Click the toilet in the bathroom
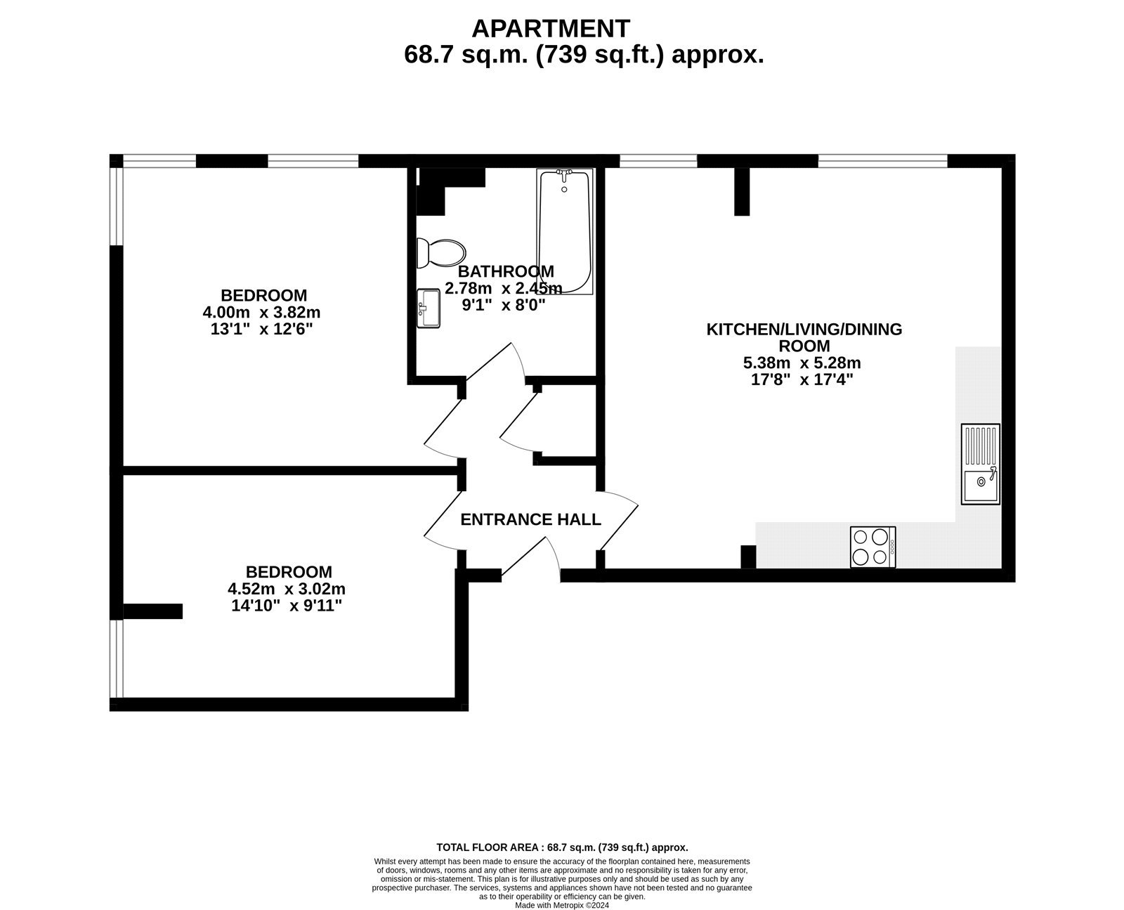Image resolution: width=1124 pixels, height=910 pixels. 441,252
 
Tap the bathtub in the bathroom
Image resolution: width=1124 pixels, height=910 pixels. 565,232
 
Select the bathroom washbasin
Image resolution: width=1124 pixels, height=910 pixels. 429,308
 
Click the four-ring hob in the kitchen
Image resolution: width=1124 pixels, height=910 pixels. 873,547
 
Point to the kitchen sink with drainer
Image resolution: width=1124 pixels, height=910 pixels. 981,464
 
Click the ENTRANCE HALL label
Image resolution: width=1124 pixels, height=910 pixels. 530,519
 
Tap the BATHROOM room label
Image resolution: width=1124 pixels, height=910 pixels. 506,271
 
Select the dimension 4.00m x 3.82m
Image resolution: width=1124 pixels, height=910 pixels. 261,312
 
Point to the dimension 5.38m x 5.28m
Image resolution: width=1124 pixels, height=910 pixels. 802,363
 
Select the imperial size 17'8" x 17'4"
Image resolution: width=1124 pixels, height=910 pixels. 802,380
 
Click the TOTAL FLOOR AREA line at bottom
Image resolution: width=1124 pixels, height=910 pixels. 562,847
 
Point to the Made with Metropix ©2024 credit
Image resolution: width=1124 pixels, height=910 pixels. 562,905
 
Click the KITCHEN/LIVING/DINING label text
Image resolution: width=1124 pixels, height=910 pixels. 804,329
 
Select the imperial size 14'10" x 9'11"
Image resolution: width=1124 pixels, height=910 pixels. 287,606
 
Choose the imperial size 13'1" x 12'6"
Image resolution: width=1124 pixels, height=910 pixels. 261,329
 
